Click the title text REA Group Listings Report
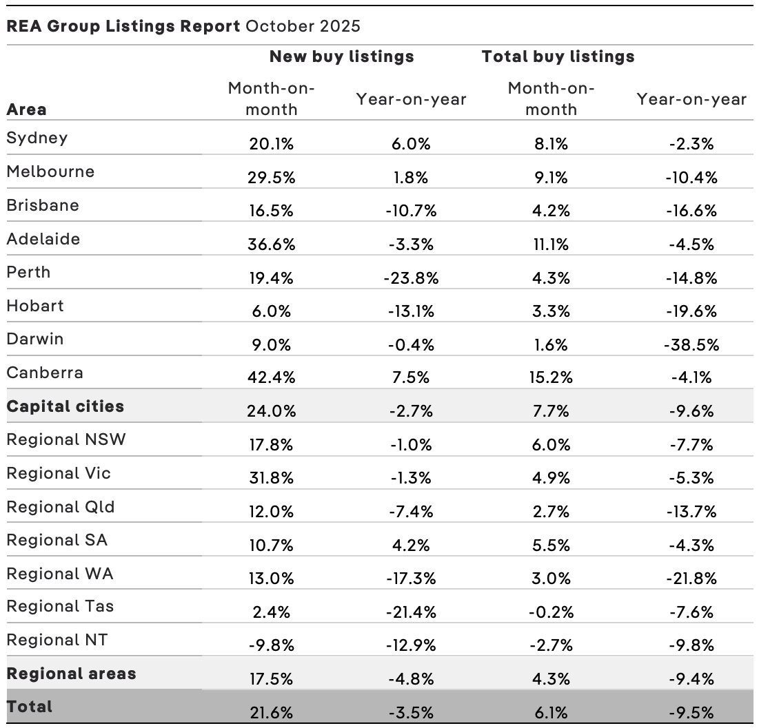click(123, 27)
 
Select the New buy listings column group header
click(341, 56)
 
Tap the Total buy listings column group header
click(558, 56)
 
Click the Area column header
click(27, 110)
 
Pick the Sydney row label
click(37, 138)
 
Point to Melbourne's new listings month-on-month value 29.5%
click(272, 178)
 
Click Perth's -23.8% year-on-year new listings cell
click(411, 278)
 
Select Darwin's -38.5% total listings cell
click(691, 345)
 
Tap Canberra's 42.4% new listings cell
click(272, 378)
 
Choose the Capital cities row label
click(65, 406)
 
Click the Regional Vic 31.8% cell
click(272, 479)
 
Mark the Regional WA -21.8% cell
click(691, 579)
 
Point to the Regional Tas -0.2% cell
click(550, 612)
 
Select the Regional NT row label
click(57, 640)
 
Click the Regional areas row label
click(71, 674)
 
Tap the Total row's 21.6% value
click(272, 713)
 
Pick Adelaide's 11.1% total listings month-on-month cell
click(550, 245)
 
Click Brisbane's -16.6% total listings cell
click(691, 211)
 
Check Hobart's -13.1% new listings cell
click(411, 311)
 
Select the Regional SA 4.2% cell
click(411, 545)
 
